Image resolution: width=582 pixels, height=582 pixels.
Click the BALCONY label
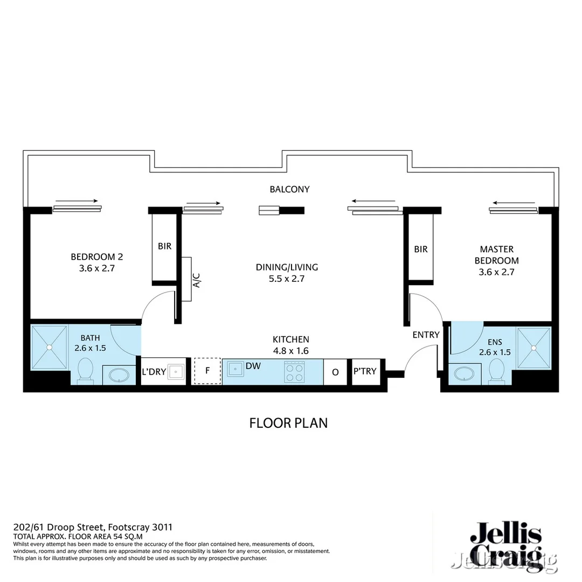(x=290, y=189)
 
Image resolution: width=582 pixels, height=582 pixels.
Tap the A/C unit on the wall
(x=187, y=279)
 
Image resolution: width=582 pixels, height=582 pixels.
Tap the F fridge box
(x=207, y=371)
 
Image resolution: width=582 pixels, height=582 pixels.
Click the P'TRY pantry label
(x=365, y=371)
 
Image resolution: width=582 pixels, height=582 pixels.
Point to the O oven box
(x=336, y=372)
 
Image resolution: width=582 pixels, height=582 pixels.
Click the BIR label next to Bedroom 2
(x=164, y=246)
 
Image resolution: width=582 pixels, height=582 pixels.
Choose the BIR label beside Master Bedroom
(x=421, y=250)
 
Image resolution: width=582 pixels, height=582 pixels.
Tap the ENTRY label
(x=426, y=335)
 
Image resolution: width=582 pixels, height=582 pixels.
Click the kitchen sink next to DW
(x=234, y=369)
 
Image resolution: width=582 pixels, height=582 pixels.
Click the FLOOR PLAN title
(x=288, y=423)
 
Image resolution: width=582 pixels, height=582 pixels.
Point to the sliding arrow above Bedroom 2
(x=77, y=201)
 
